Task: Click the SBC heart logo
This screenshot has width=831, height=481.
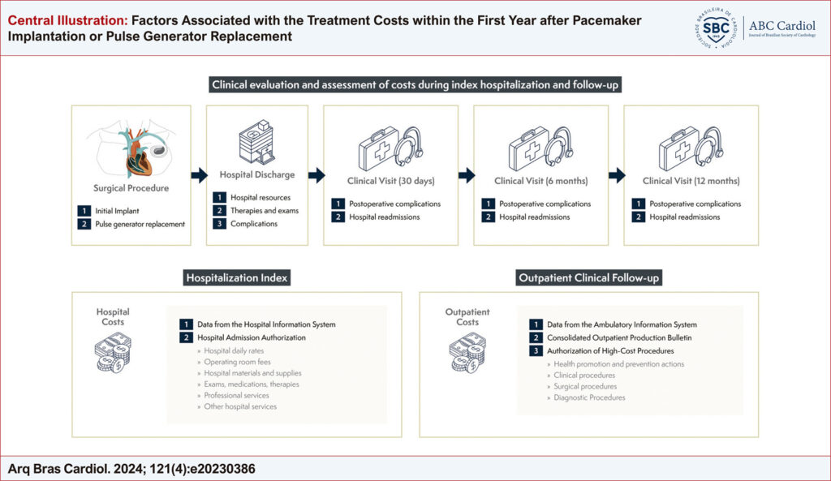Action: pos(716,28)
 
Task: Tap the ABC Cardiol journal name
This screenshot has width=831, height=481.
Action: pos(781,25)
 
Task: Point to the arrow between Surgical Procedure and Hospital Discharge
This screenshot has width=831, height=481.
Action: pos(200,175)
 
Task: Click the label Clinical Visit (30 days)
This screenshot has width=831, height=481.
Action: pos(391,181)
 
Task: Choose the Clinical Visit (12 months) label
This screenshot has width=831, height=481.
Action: pos(691,181)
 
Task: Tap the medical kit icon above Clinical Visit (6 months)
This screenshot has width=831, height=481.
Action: pos(541,148)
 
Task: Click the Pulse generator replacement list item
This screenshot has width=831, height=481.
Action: pos(140,224)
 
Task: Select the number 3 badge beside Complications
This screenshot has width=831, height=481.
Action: pos(219,224)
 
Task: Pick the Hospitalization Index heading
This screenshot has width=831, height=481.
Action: pos(237,277)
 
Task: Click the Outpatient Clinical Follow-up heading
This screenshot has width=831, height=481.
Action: pos(589,277)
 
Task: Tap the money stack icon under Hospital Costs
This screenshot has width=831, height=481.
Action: pos(113,352)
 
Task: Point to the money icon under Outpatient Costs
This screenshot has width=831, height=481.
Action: pos(467,352)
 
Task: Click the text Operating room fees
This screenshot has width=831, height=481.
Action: pos(238,362)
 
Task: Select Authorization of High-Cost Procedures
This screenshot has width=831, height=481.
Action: pos(610,350)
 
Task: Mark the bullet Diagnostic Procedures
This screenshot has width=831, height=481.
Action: pos(589,397)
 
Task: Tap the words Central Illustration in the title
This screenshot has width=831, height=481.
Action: pos(68,20)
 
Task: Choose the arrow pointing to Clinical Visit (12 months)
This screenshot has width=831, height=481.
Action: pos(617,175)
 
